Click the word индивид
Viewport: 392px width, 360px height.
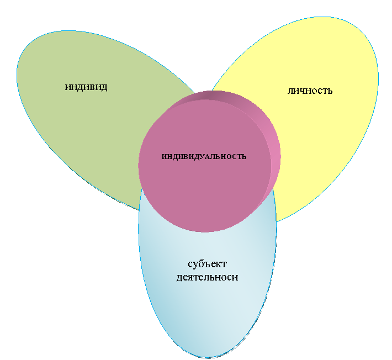pyautogui.click(x=86, y=87)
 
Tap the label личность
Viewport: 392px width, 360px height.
pyautogui.click(x=310, y=91)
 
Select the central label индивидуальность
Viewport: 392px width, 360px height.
pyautogui.click(x=204, y=156)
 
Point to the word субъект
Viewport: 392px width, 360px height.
pyautogui.click(x=207, y=264)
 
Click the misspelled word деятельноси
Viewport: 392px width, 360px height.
pyautogui.click(x=207, y=277)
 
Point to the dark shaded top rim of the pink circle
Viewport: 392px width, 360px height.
pyautogui.click(x=213, y=96)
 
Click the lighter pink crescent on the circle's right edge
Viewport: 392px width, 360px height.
pyautogui.click(x=274, y=155)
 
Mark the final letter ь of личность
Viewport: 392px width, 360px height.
pyautogui.click(x=330, y=91)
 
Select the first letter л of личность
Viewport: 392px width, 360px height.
pyautogui.click(x=290, y=91)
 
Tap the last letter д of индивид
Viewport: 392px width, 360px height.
pyautogui.click(x=104, y=88)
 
